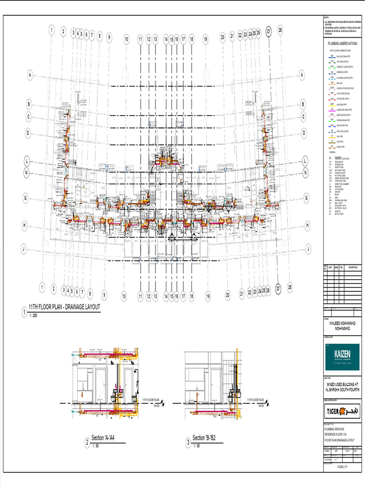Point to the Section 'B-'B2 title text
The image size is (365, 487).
click(x=208, y=438)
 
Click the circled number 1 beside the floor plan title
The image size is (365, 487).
click(x=24, y=312)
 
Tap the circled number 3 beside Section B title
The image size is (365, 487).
click(x=188, y=443)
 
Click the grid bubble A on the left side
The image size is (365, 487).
click(x=29, y=75)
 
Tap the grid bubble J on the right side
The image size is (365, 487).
click(x=308, y=248)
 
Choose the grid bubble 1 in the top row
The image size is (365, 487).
click(x=51, y=30)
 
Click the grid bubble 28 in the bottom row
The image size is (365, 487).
click(x=290, y=287)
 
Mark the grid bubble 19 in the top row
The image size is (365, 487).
click(x=205, y=40)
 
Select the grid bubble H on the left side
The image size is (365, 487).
click(x=24, y=225)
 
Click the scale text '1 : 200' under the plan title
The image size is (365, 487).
click(x=34, y=316)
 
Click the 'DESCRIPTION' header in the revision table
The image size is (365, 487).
click(x=353, y=268)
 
